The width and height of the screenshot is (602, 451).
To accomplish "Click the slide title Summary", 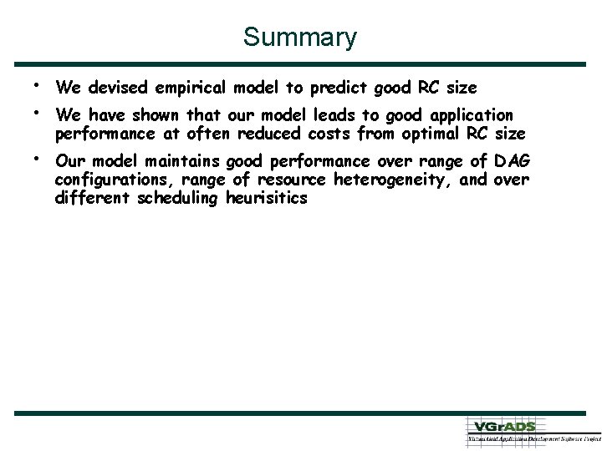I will coord(300,38).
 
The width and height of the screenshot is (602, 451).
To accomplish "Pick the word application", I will coord(467,115).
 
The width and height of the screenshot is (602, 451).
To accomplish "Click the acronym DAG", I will coord(512,161).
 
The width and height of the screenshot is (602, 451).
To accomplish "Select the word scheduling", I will coord(181,198).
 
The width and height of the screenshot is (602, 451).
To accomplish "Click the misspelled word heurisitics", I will coord(267,198).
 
